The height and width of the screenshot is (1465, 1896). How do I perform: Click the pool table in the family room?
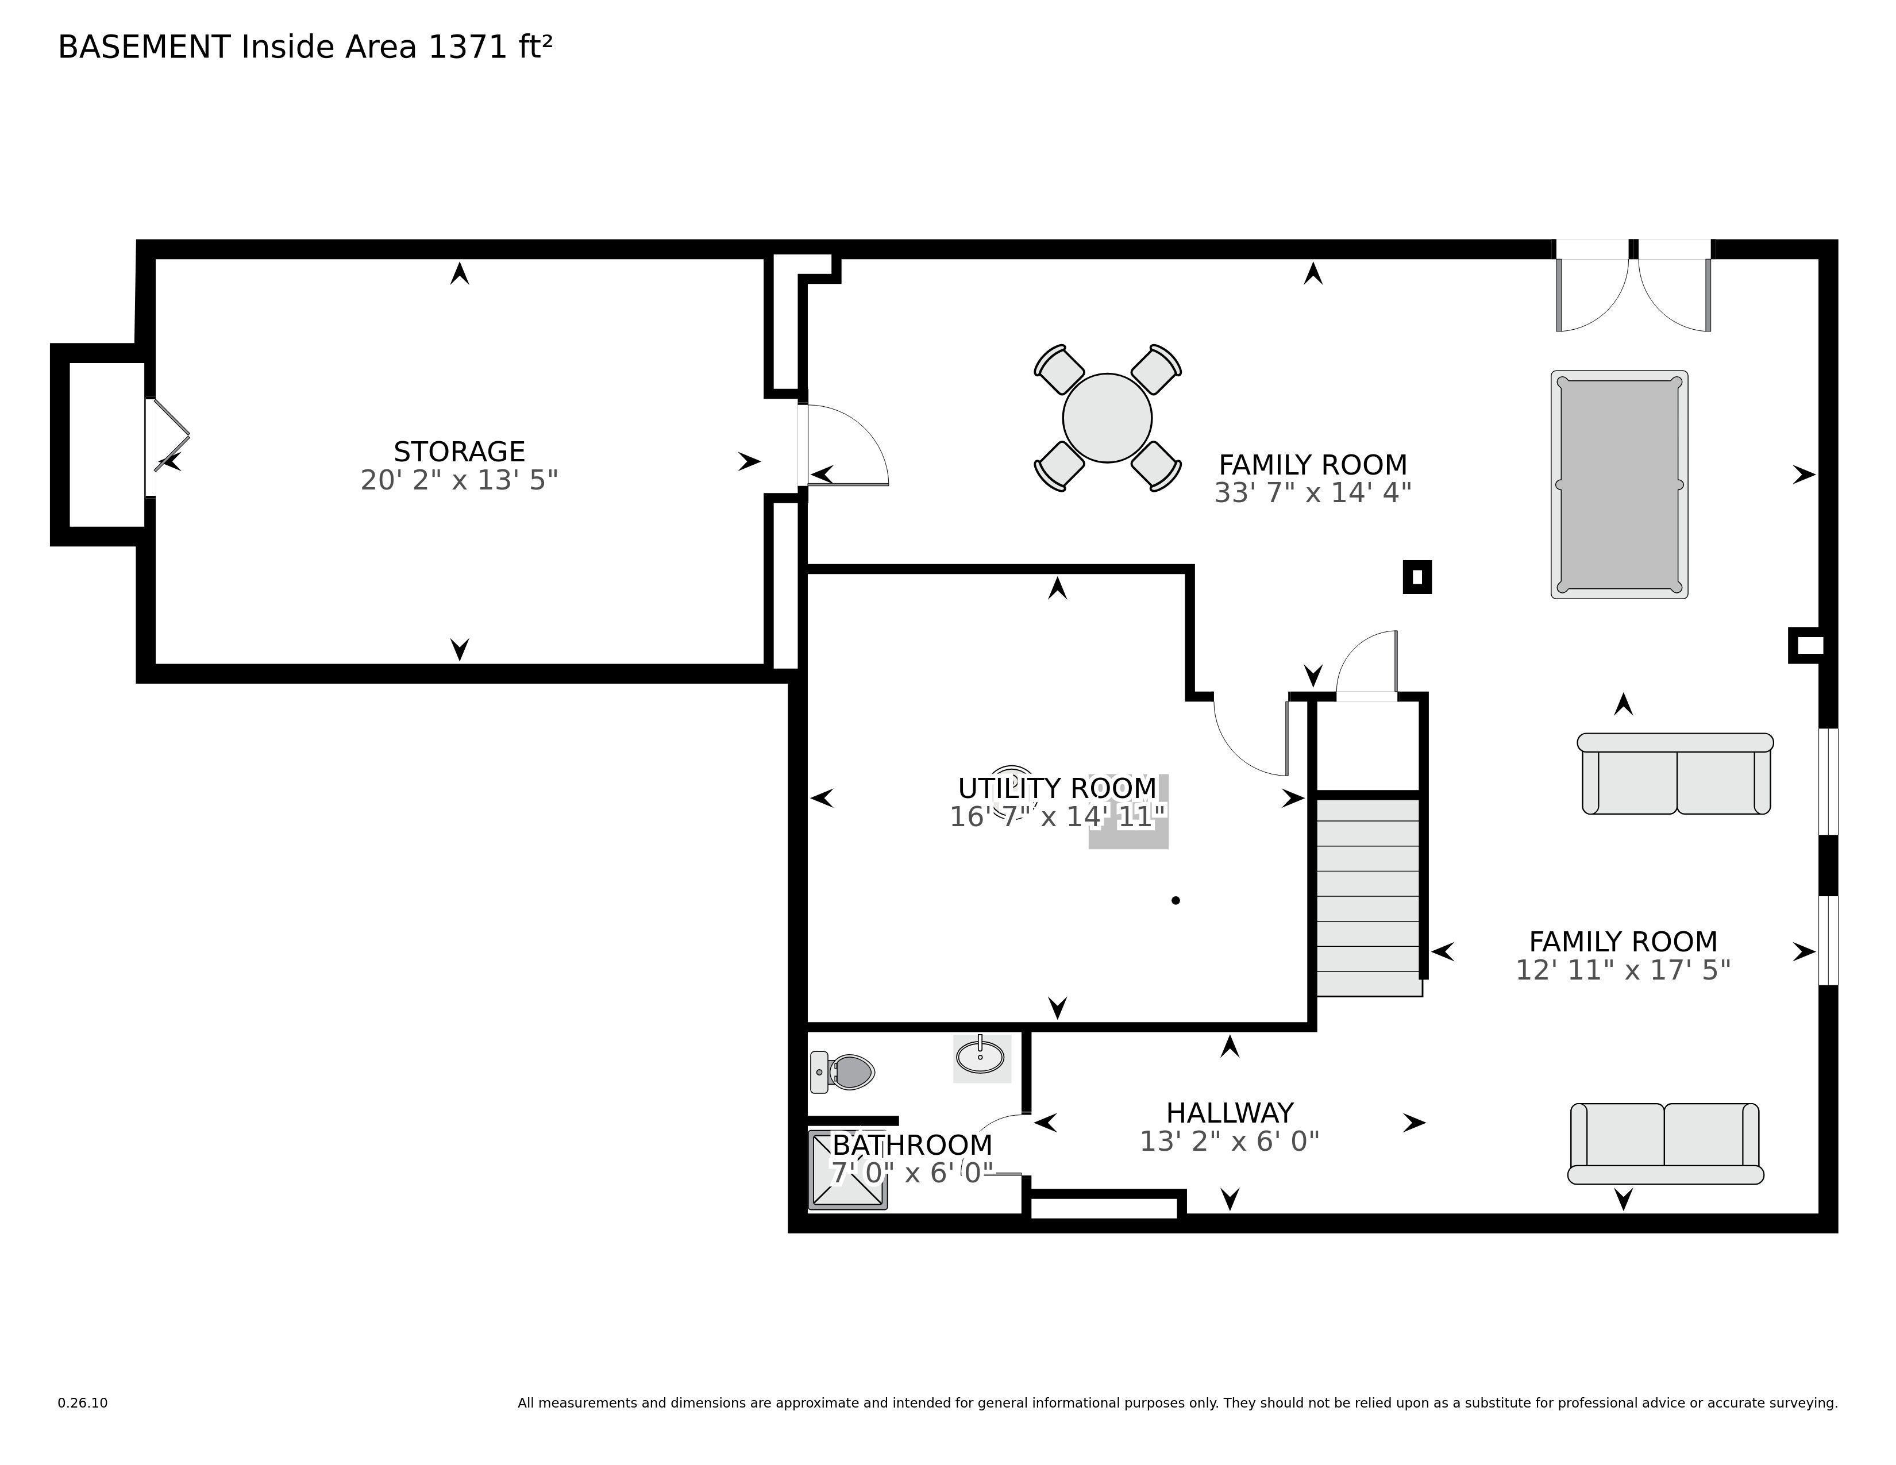coord(1619,484)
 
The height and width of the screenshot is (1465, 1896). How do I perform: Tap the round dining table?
coord(1107,418)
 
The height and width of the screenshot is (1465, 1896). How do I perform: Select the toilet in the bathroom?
coord(841,1072)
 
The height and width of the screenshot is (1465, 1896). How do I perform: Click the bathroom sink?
coord(981,1057)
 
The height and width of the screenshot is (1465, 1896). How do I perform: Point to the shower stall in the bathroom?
coord(848,1170)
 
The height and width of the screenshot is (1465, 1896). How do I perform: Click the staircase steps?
coord(1369,897)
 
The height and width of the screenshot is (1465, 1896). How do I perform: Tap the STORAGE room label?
coord(459,452)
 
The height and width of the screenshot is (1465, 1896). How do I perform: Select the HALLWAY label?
coord(1230,1113)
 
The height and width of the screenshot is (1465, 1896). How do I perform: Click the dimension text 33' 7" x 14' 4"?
coord(1313,492)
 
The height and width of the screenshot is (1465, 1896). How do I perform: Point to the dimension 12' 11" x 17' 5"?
coord(1623,969)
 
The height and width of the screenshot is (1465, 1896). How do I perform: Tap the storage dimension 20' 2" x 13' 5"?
coord(459,479)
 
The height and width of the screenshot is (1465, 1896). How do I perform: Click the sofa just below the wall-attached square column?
coord(1675,773)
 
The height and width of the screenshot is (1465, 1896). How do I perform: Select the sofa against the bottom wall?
coord(1665,1143)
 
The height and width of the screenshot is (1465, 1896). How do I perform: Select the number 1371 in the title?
coord(468,47)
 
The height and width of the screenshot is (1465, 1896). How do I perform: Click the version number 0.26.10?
coord(83,1402)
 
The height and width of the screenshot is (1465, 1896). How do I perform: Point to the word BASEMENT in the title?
coord(144,47)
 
